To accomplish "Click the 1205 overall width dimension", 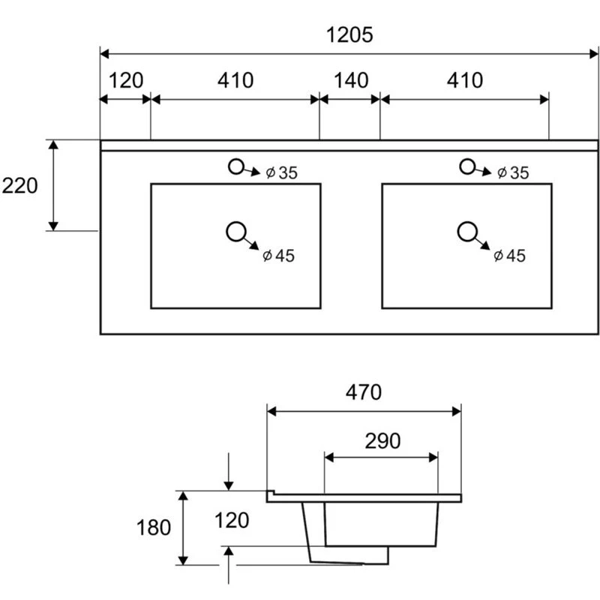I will (x=349, y=34).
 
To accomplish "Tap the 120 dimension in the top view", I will (x=126, y=79).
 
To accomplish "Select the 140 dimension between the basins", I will (x=349, y=79).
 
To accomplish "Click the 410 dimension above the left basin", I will (x=236, y=79).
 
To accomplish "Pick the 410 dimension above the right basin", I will (x=466, y=79).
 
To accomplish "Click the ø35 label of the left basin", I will (x=281, y=173).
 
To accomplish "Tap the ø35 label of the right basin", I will (x=512, y=173).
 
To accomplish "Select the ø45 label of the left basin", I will (x=278, y=256).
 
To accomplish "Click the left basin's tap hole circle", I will (x=237, y=166).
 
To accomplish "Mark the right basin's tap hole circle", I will (x=468, y=166).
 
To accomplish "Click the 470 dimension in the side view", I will (x=364, y=392).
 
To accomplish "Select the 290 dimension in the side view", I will (x=382, y=441).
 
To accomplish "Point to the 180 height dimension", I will (x=154, y=527).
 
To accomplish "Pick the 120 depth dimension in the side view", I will (x=231, y=519).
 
